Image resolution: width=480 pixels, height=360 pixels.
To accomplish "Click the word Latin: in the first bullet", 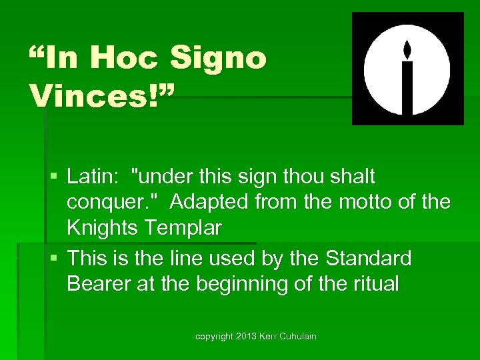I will click(x=93, y=177).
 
